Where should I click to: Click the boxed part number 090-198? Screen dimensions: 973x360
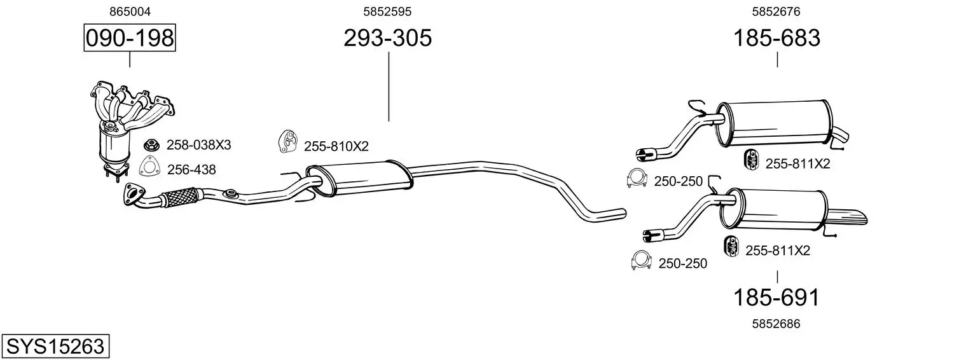[x=130, y=38]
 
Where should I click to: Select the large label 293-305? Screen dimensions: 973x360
[x=388, y=38]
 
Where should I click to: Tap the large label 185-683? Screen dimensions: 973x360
[x=776, y=38]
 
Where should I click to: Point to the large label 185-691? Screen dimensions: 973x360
[x=776, y=298]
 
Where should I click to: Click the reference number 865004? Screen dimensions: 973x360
[x=130, y=11]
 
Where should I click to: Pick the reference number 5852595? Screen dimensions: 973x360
[x=387, y=11]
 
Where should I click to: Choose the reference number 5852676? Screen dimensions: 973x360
[x=776, y=11]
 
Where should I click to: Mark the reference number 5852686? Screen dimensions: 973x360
[x=776, y=324]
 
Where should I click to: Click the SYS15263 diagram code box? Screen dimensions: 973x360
[x=55, y=346]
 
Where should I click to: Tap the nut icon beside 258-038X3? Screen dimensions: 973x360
[x=151, y=144]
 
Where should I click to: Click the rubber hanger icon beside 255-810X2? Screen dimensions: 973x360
[x=287, y=141]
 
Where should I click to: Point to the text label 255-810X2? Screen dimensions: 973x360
[x=336, y=146]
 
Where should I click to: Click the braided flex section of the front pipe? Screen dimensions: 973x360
[x=179, y=198]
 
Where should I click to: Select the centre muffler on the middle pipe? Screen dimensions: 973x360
[x=359, y=179]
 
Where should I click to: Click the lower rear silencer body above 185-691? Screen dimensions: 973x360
[x=774, y=209]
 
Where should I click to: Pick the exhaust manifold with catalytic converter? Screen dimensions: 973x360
[x=130, y=130]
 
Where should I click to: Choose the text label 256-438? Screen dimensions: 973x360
[x=191, y=169]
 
